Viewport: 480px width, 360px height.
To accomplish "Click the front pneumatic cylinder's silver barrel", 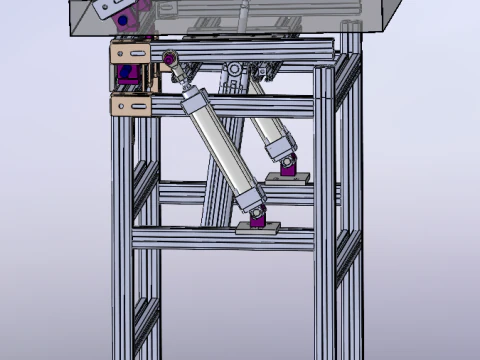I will pyautogui.click(x=221, y=149).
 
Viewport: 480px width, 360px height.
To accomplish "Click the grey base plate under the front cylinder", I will pyautogui.click(x=259, y=229).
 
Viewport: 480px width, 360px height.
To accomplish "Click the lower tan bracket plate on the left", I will pyautogui.click(x=130, y=105).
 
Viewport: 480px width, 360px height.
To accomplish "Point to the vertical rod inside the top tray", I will pyautogui.click(x=240, y=16).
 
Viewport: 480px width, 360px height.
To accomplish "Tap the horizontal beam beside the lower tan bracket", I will pyautogui.click(x=230, y=104).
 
